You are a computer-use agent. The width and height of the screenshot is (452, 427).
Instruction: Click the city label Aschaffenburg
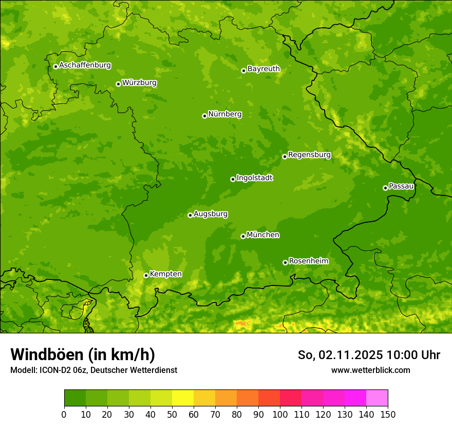click(x=85, y=65)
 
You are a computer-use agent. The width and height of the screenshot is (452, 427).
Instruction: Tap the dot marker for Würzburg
click(x=118, y=84)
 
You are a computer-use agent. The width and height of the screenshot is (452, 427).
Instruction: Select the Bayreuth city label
click(x=263, y=69)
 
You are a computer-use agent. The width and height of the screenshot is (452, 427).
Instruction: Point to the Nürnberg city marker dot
click(x=204, y=116)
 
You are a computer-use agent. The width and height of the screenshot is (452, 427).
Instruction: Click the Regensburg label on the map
click(x=309, y=155)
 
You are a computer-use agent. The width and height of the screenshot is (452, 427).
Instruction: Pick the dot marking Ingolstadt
click(x=233, y=179)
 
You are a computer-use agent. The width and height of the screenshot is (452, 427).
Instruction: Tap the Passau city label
click(x=401, y=186)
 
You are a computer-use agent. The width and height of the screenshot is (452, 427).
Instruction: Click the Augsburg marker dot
click(x=190, y=215)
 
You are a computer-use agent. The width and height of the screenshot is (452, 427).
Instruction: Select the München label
click(x=263, y=235)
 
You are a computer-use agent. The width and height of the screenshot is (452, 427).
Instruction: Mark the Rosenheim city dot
click(x=285, y=262)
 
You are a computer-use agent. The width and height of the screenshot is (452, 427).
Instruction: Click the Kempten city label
click(x=165, y=274)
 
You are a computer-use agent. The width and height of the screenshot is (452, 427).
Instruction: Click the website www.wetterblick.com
click(x=370, y=370)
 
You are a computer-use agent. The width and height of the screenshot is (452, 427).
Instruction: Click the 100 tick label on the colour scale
click(x=279, y=415)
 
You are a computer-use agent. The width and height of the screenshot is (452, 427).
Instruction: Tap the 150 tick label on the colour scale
click(x=387, y=415)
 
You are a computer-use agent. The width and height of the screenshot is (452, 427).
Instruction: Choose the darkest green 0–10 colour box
click(x=75, y=398)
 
